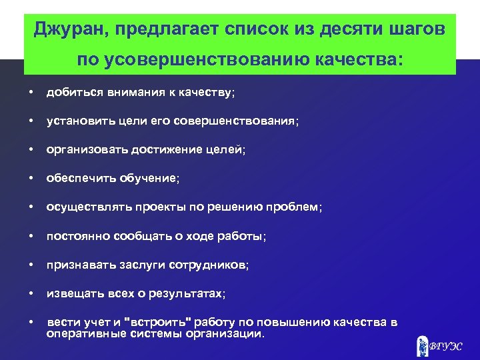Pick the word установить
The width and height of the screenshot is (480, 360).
(78, 122)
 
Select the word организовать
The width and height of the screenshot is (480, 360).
(83, 151)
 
